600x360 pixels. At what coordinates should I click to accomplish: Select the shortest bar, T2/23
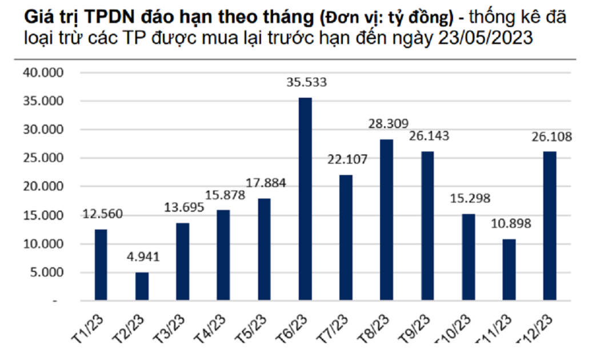pos(142,286)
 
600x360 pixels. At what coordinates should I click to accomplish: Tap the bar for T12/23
pos(549,226)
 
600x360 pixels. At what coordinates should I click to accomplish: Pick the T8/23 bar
pos(386,220)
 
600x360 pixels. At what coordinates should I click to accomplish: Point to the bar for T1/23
pos(101,265)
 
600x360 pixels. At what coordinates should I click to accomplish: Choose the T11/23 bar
pos(509,270)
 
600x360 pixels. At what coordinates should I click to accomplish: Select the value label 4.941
pos(143,257)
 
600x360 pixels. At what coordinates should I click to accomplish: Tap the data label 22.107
pos(347,159)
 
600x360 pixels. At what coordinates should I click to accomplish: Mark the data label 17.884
pos(265,183)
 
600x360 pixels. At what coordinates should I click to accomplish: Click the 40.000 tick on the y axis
pos(44,73)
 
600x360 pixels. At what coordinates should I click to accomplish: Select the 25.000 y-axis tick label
pos(44,158)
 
